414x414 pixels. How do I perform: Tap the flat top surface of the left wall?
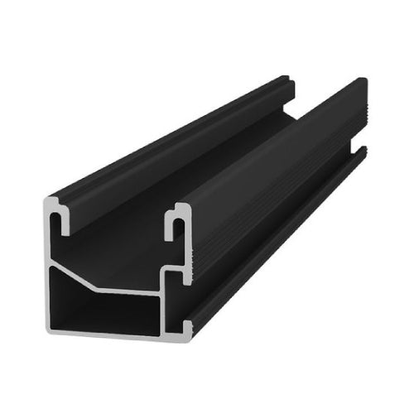click(166, 149)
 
